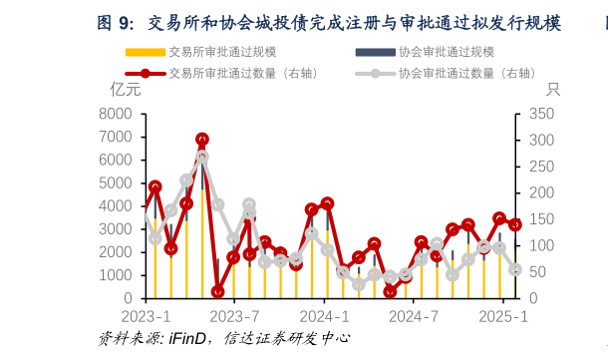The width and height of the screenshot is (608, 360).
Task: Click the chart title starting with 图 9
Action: click(x=329, y=22)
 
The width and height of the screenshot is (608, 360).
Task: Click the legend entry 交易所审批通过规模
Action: click(x=222, y=52)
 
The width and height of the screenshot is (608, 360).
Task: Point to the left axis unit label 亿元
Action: click(x=126, y=90)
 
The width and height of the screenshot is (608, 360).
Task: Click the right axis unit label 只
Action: click(x=553, y=90)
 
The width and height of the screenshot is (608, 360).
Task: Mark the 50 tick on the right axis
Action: click(x=535, y=272)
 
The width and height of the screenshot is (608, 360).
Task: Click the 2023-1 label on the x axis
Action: click(x=146, y=316)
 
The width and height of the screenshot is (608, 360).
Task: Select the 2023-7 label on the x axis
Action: click(x=234, y=316)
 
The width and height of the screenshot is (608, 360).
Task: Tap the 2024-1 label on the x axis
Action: click(x=324, y=316)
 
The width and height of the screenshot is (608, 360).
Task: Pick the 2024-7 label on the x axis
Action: click(x=414, y=316)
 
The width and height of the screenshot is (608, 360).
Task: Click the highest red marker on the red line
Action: click(x=202, y=140)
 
